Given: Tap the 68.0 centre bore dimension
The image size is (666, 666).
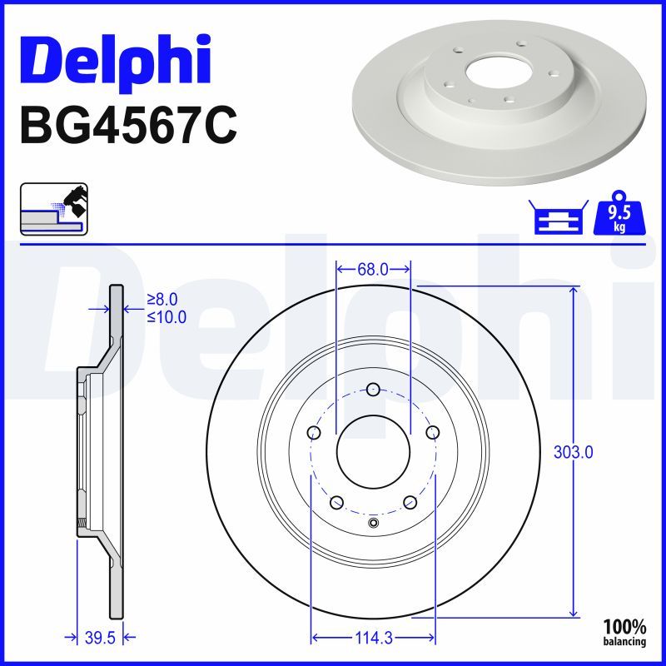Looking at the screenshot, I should pos(372,269).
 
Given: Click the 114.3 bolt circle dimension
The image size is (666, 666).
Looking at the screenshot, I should pos(373,639).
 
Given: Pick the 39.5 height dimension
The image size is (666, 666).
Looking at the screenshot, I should pos(99,639).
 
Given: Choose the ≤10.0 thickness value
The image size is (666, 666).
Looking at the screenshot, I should pos(166,316).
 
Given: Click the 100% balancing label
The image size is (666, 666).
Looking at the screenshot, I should pos(624,632).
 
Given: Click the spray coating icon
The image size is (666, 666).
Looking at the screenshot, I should pos(54,208).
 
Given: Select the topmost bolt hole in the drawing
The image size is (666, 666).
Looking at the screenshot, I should pos(373,389).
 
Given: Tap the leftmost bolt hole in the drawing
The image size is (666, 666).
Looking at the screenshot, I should pos(314,433).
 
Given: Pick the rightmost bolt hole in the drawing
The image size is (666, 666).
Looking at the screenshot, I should pos(432,433).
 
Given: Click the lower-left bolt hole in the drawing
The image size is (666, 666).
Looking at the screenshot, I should pos(336,502).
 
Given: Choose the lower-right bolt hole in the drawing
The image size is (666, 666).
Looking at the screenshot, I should pos(410,502).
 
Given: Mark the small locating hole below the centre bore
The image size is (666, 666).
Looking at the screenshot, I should pos(373,524).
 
